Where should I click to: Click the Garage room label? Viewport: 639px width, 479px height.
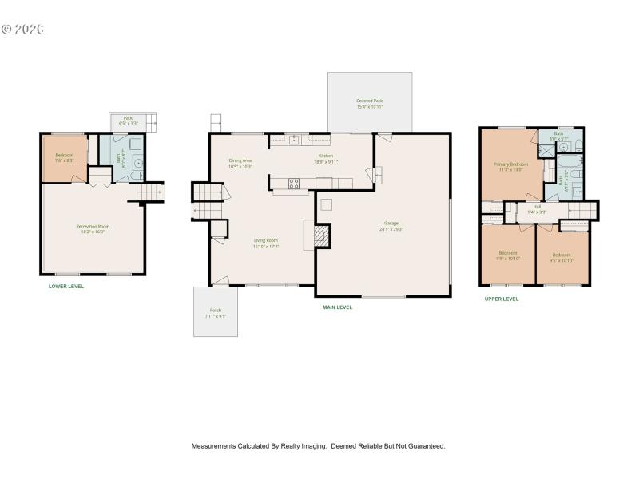click(x=391, y=223)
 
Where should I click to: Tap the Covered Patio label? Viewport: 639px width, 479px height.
click(x=369, y=101)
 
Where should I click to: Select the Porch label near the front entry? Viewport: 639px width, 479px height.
click(x=215, y=310)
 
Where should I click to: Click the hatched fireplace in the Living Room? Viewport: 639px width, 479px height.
click(x=321, y=236)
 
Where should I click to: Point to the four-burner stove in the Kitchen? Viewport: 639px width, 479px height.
click(x=294, y=183)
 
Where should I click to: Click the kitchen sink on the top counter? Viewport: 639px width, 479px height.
click(x=294, y=139)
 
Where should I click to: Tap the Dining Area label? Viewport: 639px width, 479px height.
click(x=240, y=160)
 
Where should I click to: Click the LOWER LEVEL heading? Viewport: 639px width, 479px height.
click(x=66, y=286)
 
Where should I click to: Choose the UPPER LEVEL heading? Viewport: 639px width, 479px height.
click(x=502, y=299)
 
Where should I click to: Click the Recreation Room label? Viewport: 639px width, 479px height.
click(x=93, y=226)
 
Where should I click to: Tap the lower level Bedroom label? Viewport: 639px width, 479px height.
click(x=64, y=155)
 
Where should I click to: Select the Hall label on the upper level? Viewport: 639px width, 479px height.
click(x=537, y=206)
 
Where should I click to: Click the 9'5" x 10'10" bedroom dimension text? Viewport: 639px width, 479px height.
click(x=562, y=259)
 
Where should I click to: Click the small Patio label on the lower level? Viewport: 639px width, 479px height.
click(x=128, y=117)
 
